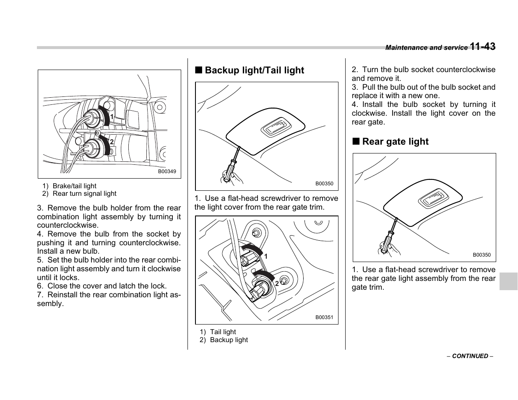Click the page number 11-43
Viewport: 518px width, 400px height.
coord(482,47)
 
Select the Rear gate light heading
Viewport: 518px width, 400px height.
coord(395,142)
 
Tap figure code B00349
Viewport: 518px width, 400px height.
coord(167,171)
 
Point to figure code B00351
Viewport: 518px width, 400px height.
coord(324,317)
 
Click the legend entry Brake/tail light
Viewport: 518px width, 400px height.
coord(74,186)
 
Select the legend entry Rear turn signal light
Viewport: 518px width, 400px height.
coord(84,194)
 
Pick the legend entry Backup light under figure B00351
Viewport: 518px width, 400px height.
coord(229,340)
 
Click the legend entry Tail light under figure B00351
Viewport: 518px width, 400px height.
coord(223,332)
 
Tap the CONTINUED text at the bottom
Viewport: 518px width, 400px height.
coord(470,356)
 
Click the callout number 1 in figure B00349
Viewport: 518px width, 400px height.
coord(112,112)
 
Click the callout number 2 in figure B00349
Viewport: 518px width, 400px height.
coord(112,142)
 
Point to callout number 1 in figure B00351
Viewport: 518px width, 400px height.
coord(266,256)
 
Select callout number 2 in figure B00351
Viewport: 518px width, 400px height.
coord(277,284)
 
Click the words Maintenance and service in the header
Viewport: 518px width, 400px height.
coord(426,48)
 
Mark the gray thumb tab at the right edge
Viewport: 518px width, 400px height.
coord(508,281)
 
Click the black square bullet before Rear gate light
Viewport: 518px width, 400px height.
coord(356,142)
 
